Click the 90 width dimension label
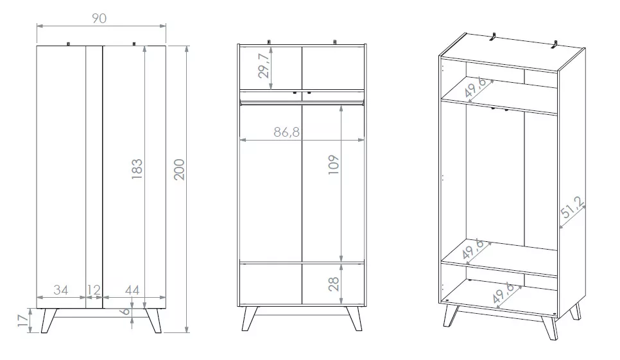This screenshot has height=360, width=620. (99, 18)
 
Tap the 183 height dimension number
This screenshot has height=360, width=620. (137, 169)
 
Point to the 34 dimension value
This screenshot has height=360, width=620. (60, 290)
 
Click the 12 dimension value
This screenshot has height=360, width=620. (94, 290)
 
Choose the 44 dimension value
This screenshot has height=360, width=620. (132, 290)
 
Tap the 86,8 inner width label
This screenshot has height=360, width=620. (287, 133)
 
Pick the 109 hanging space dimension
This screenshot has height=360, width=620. (333, 167)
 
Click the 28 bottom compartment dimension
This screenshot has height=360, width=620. (334, 284)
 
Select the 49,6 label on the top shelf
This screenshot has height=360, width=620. (476, 90)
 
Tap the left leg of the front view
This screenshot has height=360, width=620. (48, 320)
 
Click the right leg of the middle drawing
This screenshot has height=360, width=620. (354, 319)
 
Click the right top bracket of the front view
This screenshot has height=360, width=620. (133, 44)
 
